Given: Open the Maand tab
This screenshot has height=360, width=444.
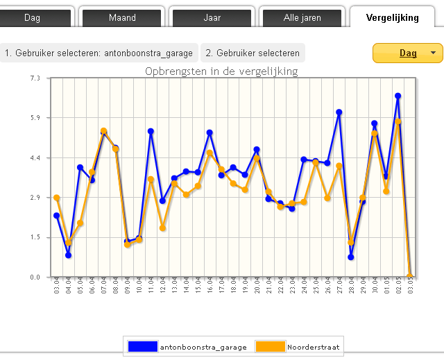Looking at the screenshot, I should tap(122, 17).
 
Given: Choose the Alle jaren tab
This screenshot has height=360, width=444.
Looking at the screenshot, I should tap(302, 17).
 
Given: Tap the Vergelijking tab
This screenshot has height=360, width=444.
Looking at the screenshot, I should tap(393, 17).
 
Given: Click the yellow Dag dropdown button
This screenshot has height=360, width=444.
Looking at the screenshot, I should tap(407, 53).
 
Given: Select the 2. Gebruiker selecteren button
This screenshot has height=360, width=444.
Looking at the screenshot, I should tap(253, 53).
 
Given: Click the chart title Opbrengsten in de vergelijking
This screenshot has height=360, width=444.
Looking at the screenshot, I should tap(221, 71).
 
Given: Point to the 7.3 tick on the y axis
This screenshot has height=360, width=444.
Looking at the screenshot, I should tap(35, 78).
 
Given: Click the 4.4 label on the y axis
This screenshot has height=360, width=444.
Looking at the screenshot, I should tap(35, 158).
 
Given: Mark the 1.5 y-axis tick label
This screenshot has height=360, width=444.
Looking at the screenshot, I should tap(35, 238).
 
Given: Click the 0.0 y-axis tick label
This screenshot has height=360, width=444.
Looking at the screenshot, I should tap(35, 277).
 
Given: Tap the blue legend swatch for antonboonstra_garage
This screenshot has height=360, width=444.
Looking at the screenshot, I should tap(142, 346).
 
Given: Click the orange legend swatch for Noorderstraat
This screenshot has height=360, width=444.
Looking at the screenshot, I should tap(271, 346).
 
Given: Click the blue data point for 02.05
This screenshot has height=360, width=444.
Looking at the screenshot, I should tap(398, 96).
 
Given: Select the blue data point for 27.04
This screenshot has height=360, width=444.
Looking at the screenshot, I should tap(339, 112).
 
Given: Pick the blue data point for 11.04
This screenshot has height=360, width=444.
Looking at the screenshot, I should tap(151, 131).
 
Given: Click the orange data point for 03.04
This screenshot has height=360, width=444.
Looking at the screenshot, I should tap(57, 198).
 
